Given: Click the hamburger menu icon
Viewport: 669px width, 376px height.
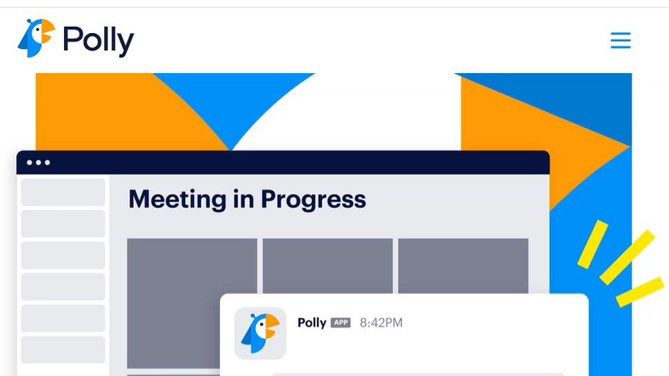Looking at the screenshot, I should (x=621, y=40).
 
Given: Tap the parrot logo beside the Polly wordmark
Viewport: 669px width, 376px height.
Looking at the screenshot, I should (x=35, y=38).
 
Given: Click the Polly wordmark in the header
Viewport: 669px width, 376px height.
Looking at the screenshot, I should (x=98, y=41).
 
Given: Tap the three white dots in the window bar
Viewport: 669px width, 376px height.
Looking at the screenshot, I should (x=38, y=163).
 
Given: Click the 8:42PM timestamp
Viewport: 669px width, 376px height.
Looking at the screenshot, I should (x=381, y=323).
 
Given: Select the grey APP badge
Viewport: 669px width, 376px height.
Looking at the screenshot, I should (x=341, y=323).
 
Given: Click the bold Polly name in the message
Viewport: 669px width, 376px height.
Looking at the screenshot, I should (x=311, y=323).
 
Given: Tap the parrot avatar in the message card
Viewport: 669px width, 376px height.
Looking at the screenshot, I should (x=260, y=333).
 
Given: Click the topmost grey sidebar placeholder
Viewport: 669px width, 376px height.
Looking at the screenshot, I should (x=63, y=192).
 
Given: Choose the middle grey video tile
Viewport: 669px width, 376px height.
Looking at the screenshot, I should (x=328, y=266).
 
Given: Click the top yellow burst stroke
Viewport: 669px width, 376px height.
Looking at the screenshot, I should (x=592, y=245).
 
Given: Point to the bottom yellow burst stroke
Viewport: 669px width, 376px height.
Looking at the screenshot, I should (x=639, y=293).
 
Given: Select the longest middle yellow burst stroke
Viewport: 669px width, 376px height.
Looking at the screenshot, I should (x=627, y=257).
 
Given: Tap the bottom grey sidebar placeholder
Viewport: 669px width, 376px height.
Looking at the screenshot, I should (x=63, y=350).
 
